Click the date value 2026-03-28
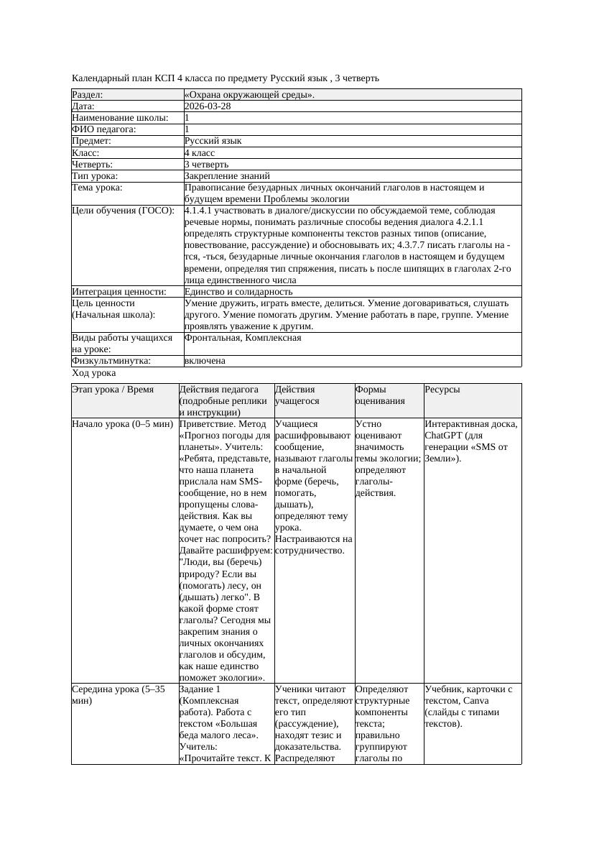click(208, 106)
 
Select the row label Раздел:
click(88, 95)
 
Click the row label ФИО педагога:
click(104, 129)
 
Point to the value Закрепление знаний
click(227, 175)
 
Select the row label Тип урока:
click(95, 175)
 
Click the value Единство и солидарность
click(238, 292)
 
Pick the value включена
click(205, 361)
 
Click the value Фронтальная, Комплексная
click(243, 338)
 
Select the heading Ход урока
click(94, 373)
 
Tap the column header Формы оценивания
click(380, 395)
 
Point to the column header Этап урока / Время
click(113, 390)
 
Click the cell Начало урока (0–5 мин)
click(119, 424)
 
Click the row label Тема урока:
click(97, 188)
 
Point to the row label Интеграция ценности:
click(119, 292)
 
